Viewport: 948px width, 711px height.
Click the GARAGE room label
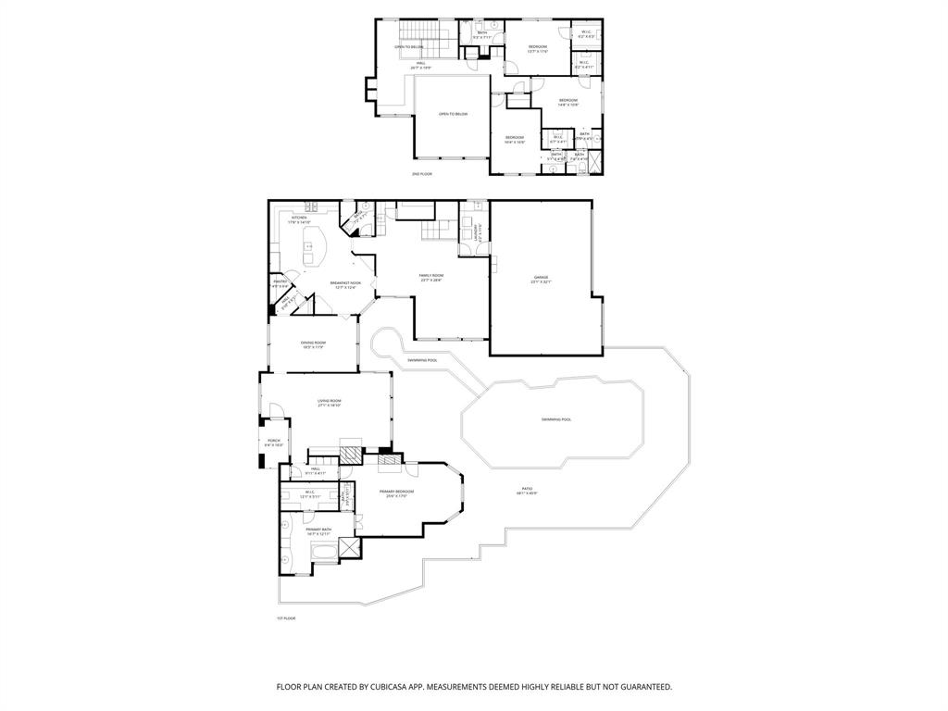pyautogui.click(x=541, y=278)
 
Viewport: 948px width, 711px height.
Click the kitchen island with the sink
pyautogui.click(x=312, y=248)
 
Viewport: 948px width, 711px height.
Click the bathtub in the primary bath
pyautogui.click(x=324, y=553)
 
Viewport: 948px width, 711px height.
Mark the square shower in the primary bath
pyautogui.click(x=349, y=548)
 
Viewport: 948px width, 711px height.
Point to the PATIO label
pyautogui.click(x=527, y=490)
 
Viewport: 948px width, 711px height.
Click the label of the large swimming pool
pyautogui.click(x=556, y=419)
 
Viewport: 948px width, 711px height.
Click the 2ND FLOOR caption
pyautogui.click(x=421, y=173)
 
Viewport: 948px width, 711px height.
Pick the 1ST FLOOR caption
pyautogui.click(x=285, y=617)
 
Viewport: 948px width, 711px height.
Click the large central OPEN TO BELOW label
pyautogui.click(x=453, y=114)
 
